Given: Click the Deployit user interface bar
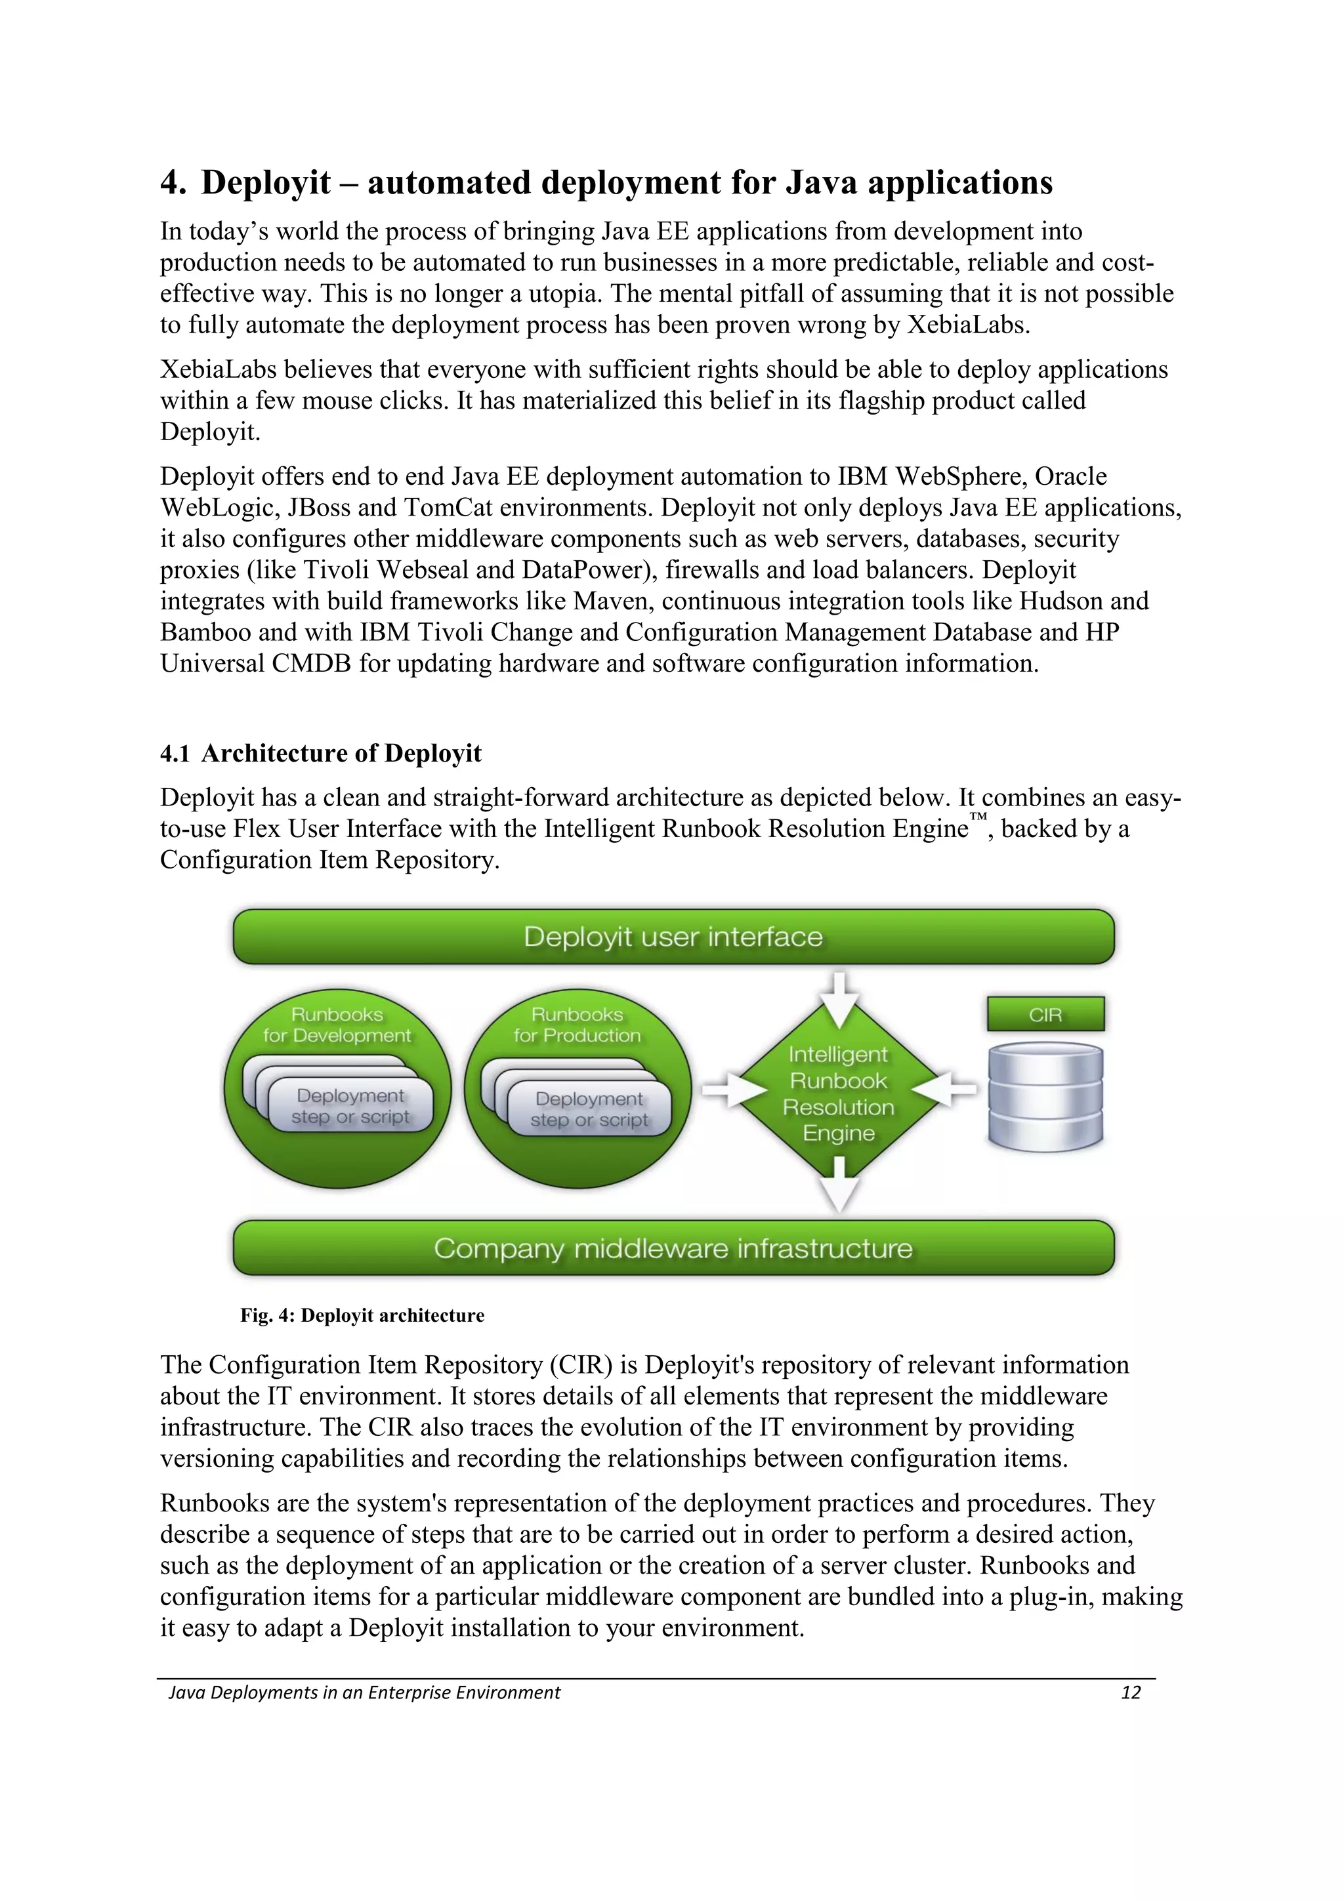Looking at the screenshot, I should click(x=673, y=937).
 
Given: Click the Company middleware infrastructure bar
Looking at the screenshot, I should click(x=673, y=1248).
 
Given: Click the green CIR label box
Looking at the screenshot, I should click(x=1045, y=1014).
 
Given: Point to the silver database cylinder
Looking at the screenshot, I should click(x=1045, y=1097).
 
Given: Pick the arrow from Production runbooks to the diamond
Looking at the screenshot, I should click(x=724, y=1090).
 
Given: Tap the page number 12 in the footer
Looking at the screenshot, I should click(x=1130, y=1692).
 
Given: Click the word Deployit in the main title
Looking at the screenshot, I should click(x=266, y=183).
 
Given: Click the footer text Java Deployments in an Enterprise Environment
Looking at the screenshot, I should click(x=364, y=1692).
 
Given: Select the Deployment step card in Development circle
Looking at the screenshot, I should click(x=350, y=1106).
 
